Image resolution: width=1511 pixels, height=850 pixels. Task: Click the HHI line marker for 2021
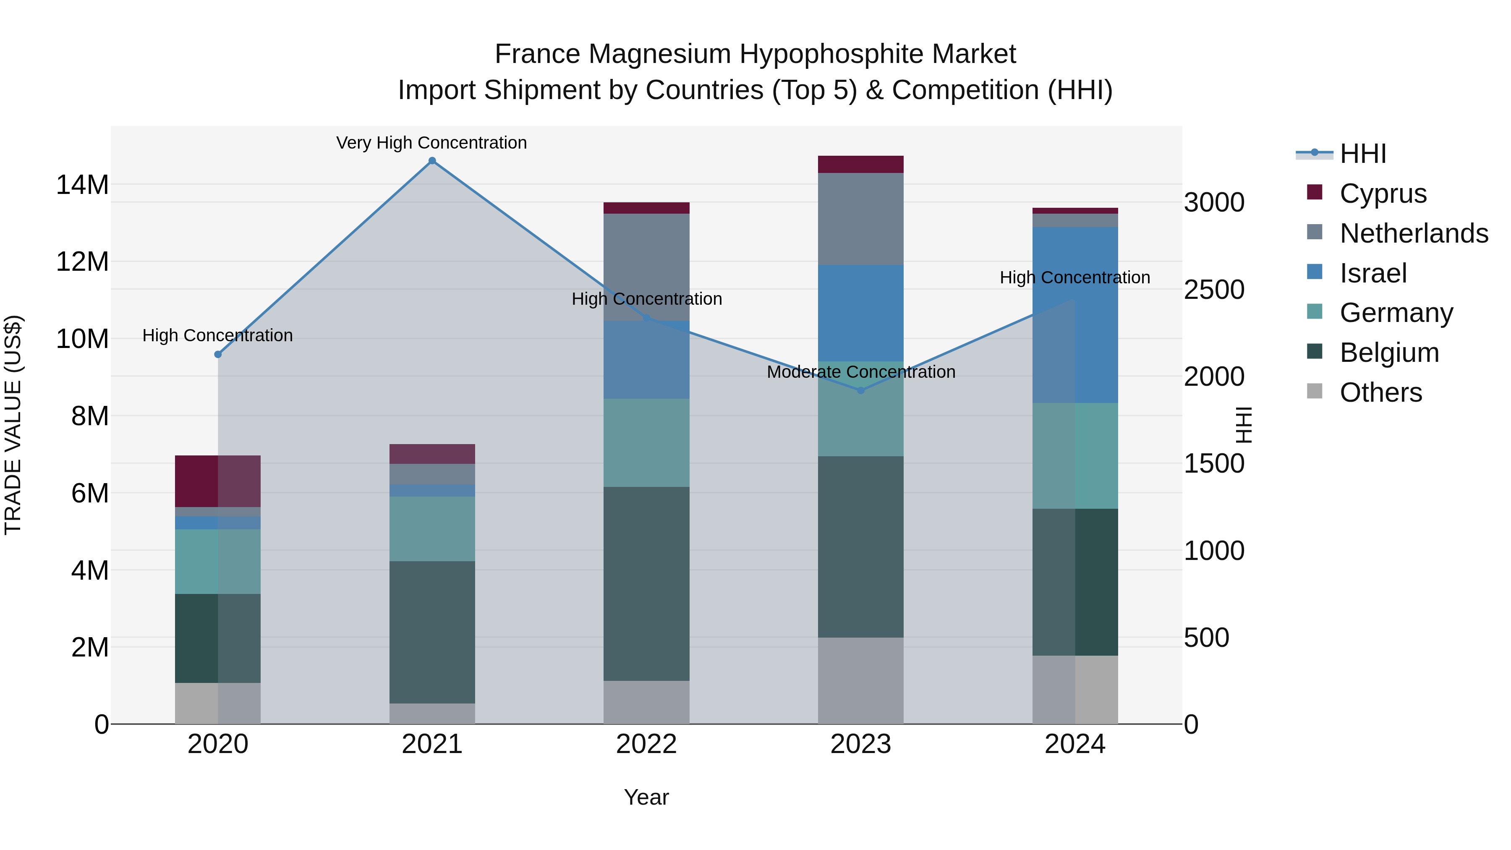(x=432, y=161)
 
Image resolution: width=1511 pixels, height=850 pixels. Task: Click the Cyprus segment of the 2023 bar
(x=860, y=164)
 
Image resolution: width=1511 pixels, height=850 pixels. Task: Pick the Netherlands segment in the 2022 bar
(x=646, y=267)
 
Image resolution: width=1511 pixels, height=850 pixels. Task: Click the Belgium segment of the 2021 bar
(x=432, y=632)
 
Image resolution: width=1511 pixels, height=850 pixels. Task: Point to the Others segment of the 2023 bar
(x=860, y=680)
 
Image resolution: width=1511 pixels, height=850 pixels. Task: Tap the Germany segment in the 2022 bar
(x=646, y=443)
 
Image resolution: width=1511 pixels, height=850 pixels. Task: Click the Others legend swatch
(x=1315, y=391)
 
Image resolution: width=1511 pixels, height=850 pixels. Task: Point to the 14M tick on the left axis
(x=82, y=185)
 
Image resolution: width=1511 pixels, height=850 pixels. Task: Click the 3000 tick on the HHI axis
(x=1213, y=202)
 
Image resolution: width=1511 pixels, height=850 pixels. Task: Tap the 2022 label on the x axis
(x=646, y=744)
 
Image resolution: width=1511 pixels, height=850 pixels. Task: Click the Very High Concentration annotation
(x=432, y=143)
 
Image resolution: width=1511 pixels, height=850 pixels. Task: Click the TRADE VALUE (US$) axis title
(x=13, y=425)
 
